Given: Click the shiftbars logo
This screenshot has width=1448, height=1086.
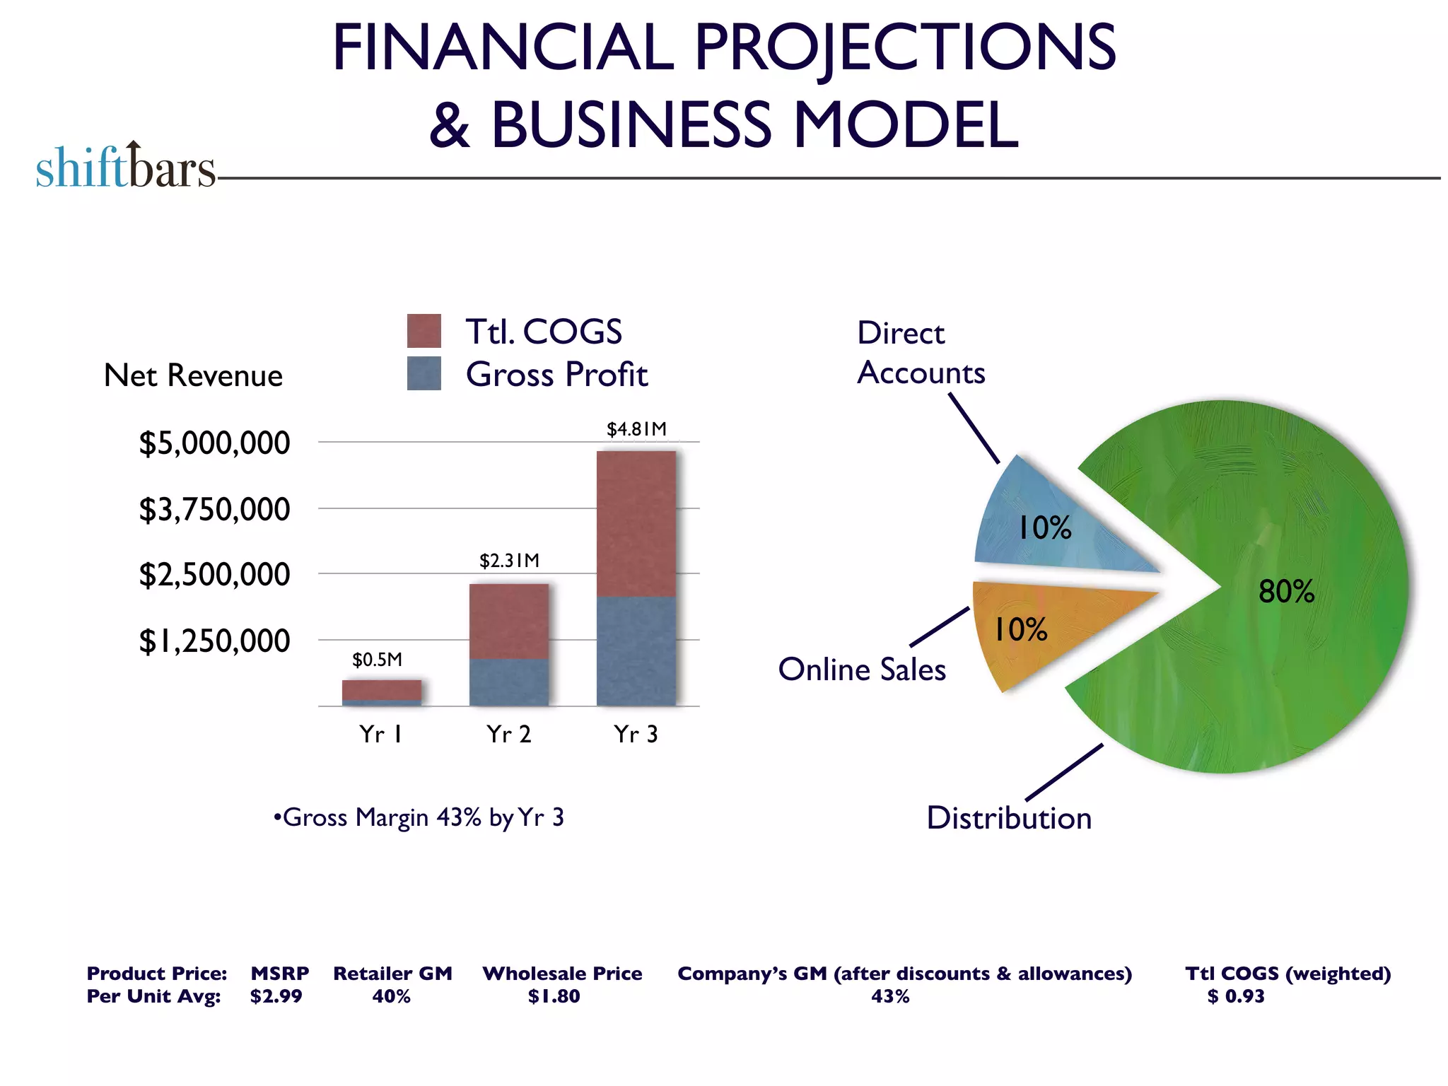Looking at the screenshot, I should click(126, 167).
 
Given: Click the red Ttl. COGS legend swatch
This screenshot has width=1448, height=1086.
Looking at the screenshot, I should click(424, 331).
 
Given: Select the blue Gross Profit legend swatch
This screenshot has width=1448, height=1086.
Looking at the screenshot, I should click(424, 373).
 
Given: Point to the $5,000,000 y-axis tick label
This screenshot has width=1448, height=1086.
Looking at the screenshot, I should click(214, 443).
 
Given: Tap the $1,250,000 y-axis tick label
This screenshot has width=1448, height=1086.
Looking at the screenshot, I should click(214, 641).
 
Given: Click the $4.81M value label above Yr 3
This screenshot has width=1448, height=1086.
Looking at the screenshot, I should click(636, 429).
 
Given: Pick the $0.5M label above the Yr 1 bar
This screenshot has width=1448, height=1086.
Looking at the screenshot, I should click(377, 660).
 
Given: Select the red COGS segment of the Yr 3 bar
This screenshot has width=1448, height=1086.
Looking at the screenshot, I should click(636, 523).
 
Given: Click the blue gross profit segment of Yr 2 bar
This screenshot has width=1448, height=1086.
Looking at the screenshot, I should click(509, 682).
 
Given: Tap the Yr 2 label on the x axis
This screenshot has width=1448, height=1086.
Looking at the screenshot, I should click(508, 735).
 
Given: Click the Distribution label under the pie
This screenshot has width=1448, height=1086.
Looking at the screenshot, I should click(1009, 818).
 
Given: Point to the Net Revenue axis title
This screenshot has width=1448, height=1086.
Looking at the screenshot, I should click(193, 375).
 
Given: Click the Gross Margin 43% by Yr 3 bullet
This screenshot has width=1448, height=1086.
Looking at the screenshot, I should click(419, 817).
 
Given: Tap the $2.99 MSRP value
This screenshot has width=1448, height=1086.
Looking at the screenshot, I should click(276, 996).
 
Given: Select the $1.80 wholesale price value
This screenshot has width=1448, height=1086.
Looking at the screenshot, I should click(554, 996).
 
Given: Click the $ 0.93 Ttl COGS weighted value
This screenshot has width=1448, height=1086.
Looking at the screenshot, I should click(1235, 996).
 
